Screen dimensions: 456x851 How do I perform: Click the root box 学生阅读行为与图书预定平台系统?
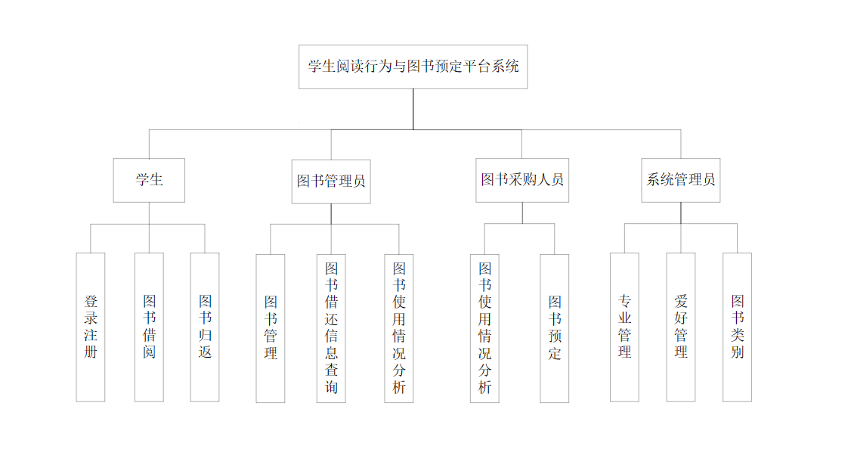[413, 67]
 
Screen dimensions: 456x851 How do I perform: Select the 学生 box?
[149, 180]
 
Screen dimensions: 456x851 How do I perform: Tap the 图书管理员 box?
[331, 181]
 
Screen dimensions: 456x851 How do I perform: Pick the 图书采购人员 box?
[522, 180]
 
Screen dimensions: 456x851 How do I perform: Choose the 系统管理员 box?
[680, 180]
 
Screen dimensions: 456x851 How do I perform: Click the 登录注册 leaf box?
[91, 327]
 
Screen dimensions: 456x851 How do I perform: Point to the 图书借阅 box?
[149, 327]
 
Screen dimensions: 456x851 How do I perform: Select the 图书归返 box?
[205, 327]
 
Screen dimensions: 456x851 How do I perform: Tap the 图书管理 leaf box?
[271, 327]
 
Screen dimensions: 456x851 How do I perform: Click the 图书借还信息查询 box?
[331, 327]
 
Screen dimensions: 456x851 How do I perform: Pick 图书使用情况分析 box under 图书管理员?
[399, 327]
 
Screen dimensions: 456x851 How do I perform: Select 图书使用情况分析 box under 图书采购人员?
[484, 327]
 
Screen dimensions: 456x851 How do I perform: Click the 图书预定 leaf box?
[555, 327]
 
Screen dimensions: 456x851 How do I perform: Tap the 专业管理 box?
[624, 327]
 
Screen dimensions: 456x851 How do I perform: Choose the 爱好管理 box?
[680, 327]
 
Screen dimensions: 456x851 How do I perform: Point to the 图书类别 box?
[737, 327]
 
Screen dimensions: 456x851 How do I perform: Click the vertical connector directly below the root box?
[413, 109]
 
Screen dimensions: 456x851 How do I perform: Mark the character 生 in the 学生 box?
[156, 180]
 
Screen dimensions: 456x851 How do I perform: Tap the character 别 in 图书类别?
[737, 352]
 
